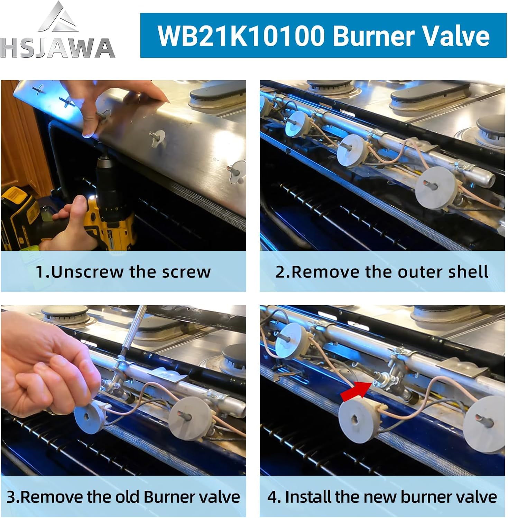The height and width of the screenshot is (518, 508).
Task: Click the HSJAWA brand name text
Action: [x=57, y=49]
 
